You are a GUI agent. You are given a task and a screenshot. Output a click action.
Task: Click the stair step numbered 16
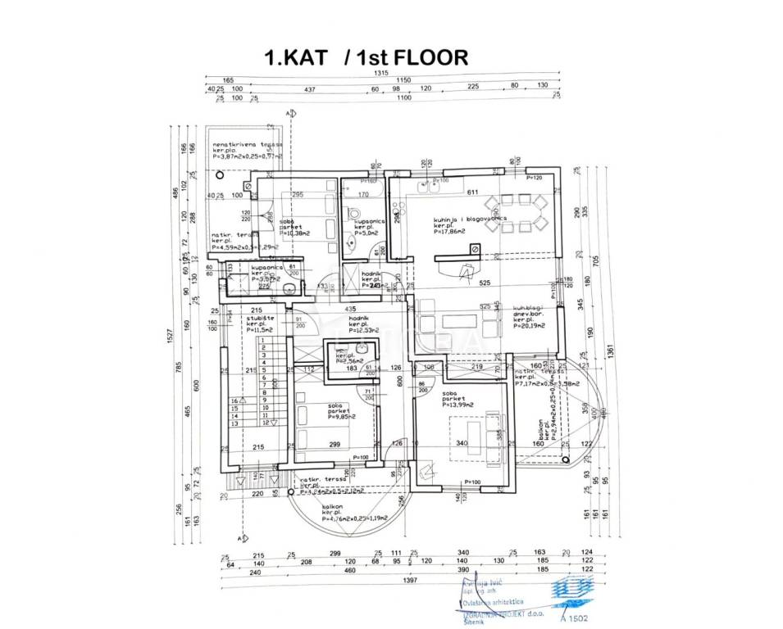point(234,400)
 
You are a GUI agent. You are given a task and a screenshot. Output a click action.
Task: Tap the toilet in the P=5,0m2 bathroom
point(352,242)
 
